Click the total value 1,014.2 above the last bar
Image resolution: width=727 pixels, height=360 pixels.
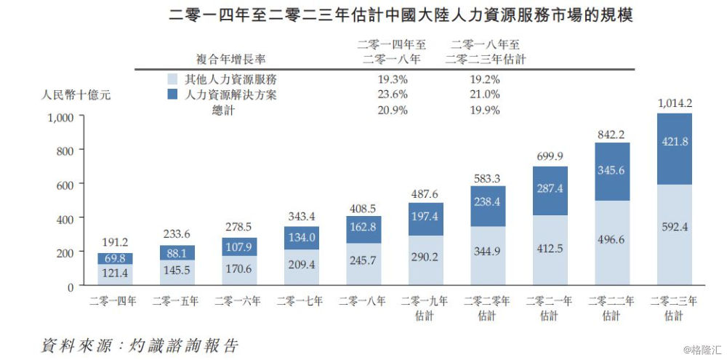tap(674, 103)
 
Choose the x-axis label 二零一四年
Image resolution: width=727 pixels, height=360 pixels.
tap(113, 300)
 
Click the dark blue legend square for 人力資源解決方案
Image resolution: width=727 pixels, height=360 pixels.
tap(172, 95)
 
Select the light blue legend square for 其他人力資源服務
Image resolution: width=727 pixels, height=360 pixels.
tap(172, 79)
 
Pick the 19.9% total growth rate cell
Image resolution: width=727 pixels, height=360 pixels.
tap(485, 111)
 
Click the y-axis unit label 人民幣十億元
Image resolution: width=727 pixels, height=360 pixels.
tap(76, 95)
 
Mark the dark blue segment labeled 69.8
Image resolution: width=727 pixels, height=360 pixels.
tap(113, 258)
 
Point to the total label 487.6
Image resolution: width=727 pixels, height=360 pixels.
tap(424, 193)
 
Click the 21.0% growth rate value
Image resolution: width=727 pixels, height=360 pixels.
tap(485, 95)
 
